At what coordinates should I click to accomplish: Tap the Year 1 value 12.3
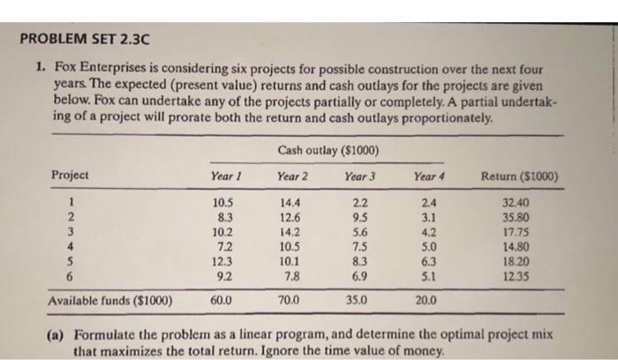pos(223,262)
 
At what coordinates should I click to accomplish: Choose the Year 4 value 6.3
pos(426,262)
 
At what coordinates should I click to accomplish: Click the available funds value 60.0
pos(223,300)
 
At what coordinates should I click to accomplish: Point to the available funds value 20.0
pos(426,300)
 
